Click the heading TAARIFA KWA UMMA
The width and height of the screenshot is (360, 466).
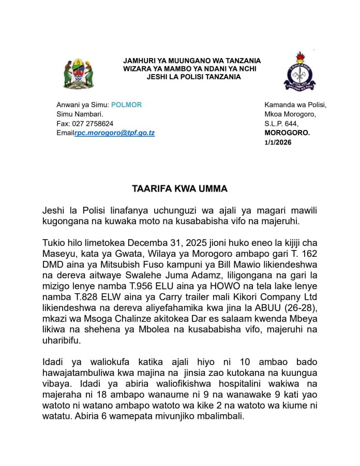click(179, 190)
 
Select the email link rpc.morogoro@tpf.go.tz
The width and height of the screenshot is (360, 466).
click(115, 133)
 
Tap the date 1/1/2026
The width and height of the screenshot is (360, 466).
click(278, 142)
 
